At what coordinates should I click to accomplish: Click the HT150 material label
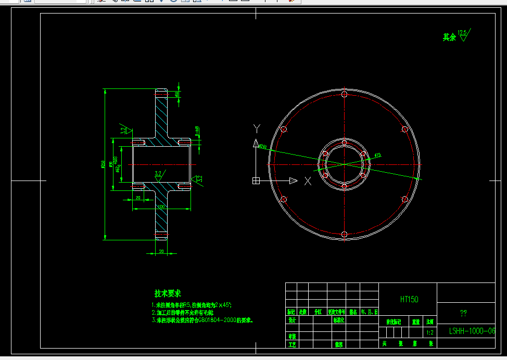click(409, 299)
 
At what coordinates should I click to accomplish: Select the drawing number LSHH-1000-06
click(472, 331)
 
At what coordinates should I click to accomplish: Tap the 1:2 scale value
click(429, 332)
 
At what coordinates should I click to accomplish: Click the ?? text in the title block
click(463, 313)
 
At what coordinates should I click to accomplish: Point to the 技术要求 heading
click(168, 294)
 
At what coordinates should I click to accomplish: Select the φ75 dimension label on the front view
click(377, 155)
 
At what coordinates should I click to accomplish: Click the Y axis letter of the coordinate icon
click(256, 128)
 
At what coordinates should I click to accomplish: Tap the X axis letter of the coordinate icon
click(308, 181)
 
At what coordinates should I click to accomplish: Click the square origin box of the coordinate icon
click(256, 181)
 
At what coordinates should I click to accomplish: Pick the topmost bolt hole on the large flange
click(344, 94)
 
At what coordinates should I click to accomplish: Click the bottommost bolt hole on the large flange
click(344, 234)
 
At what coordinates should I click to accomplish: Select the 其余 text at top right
click(449, 37)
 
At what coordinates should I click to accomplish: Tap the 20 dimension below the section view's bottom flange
click(161, 251)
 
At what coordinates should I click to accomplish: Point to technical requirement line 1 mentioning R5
click(192, 305)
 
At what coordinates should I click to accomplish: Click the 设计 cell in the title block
click(291, 320)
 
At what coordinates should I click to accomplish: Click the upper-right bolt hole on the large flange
click(404, 129)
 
